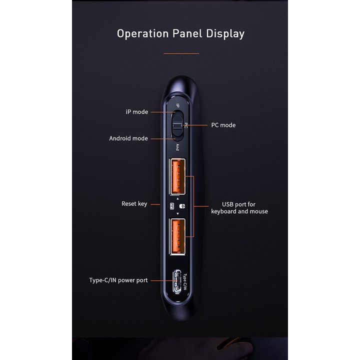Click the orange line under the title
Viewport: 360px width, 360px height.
click(181, 53)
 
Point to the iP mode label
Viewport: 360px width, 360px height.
click(136, 112)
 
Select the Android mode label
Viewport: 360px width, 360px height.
click(128, 138)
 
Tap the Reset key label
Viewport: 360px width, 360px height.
click(134, 203)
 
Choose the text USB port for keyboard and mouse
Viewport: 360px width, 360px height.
click(239, 208)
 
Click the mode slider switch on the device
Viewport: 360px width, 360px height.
click(176, 125)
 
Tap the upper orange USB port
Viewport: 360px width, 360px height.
click(177, 176)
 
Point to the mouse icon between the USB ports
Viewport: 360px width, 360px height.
click(182, 206)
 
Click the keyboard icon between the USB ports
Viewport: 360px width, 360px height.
click(172, 206)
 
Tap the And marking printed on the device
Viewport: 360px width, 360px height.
click(177, 147)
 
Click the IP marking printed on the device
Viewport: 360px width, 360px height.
click(177, 106)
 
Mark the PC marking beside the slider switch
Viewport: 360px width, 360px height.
click(186, 125)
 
